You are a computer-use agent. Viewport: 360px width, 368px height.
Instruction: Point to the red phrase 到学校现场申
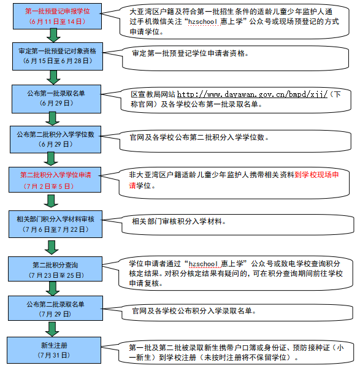317,175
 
